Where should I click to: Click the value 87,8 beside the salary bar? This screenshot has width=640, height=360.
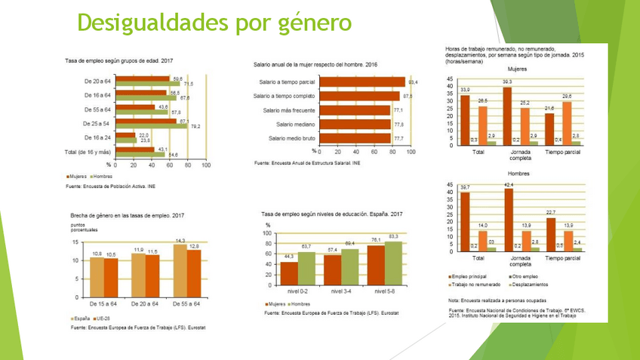click(x=408, y=96)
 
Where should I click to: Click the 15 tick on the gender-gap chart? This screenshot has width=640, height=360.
click(x=74, y=242)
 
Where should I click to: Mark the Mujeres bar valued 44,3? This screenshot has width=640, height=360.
click(x=288, y=273)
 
